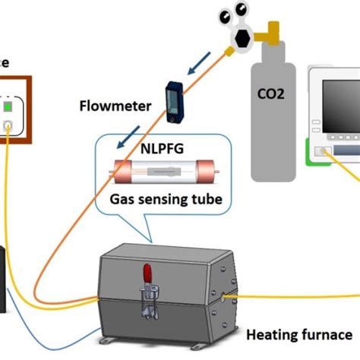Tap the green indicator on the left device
pyautogui.click(x=9, y=107)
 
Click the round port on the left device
pyautogui.click(x=8, y=124)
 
